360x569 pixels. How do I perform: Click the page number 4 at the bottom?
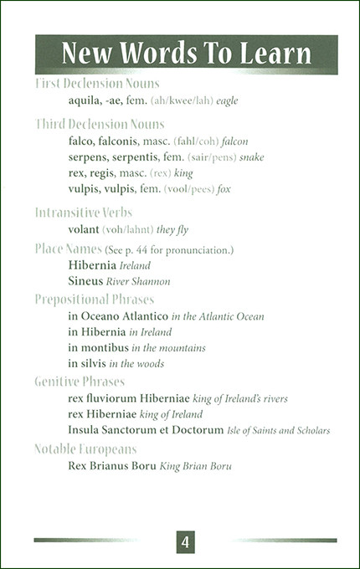click(x=185, y=542)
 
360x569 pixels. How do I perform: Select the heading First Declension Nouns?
click(x=97, y=84)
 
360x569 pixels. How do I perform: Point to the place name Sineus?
click(x=85, y=281)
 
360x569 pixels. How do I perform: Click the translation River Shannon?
click(x=142, y=282)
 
